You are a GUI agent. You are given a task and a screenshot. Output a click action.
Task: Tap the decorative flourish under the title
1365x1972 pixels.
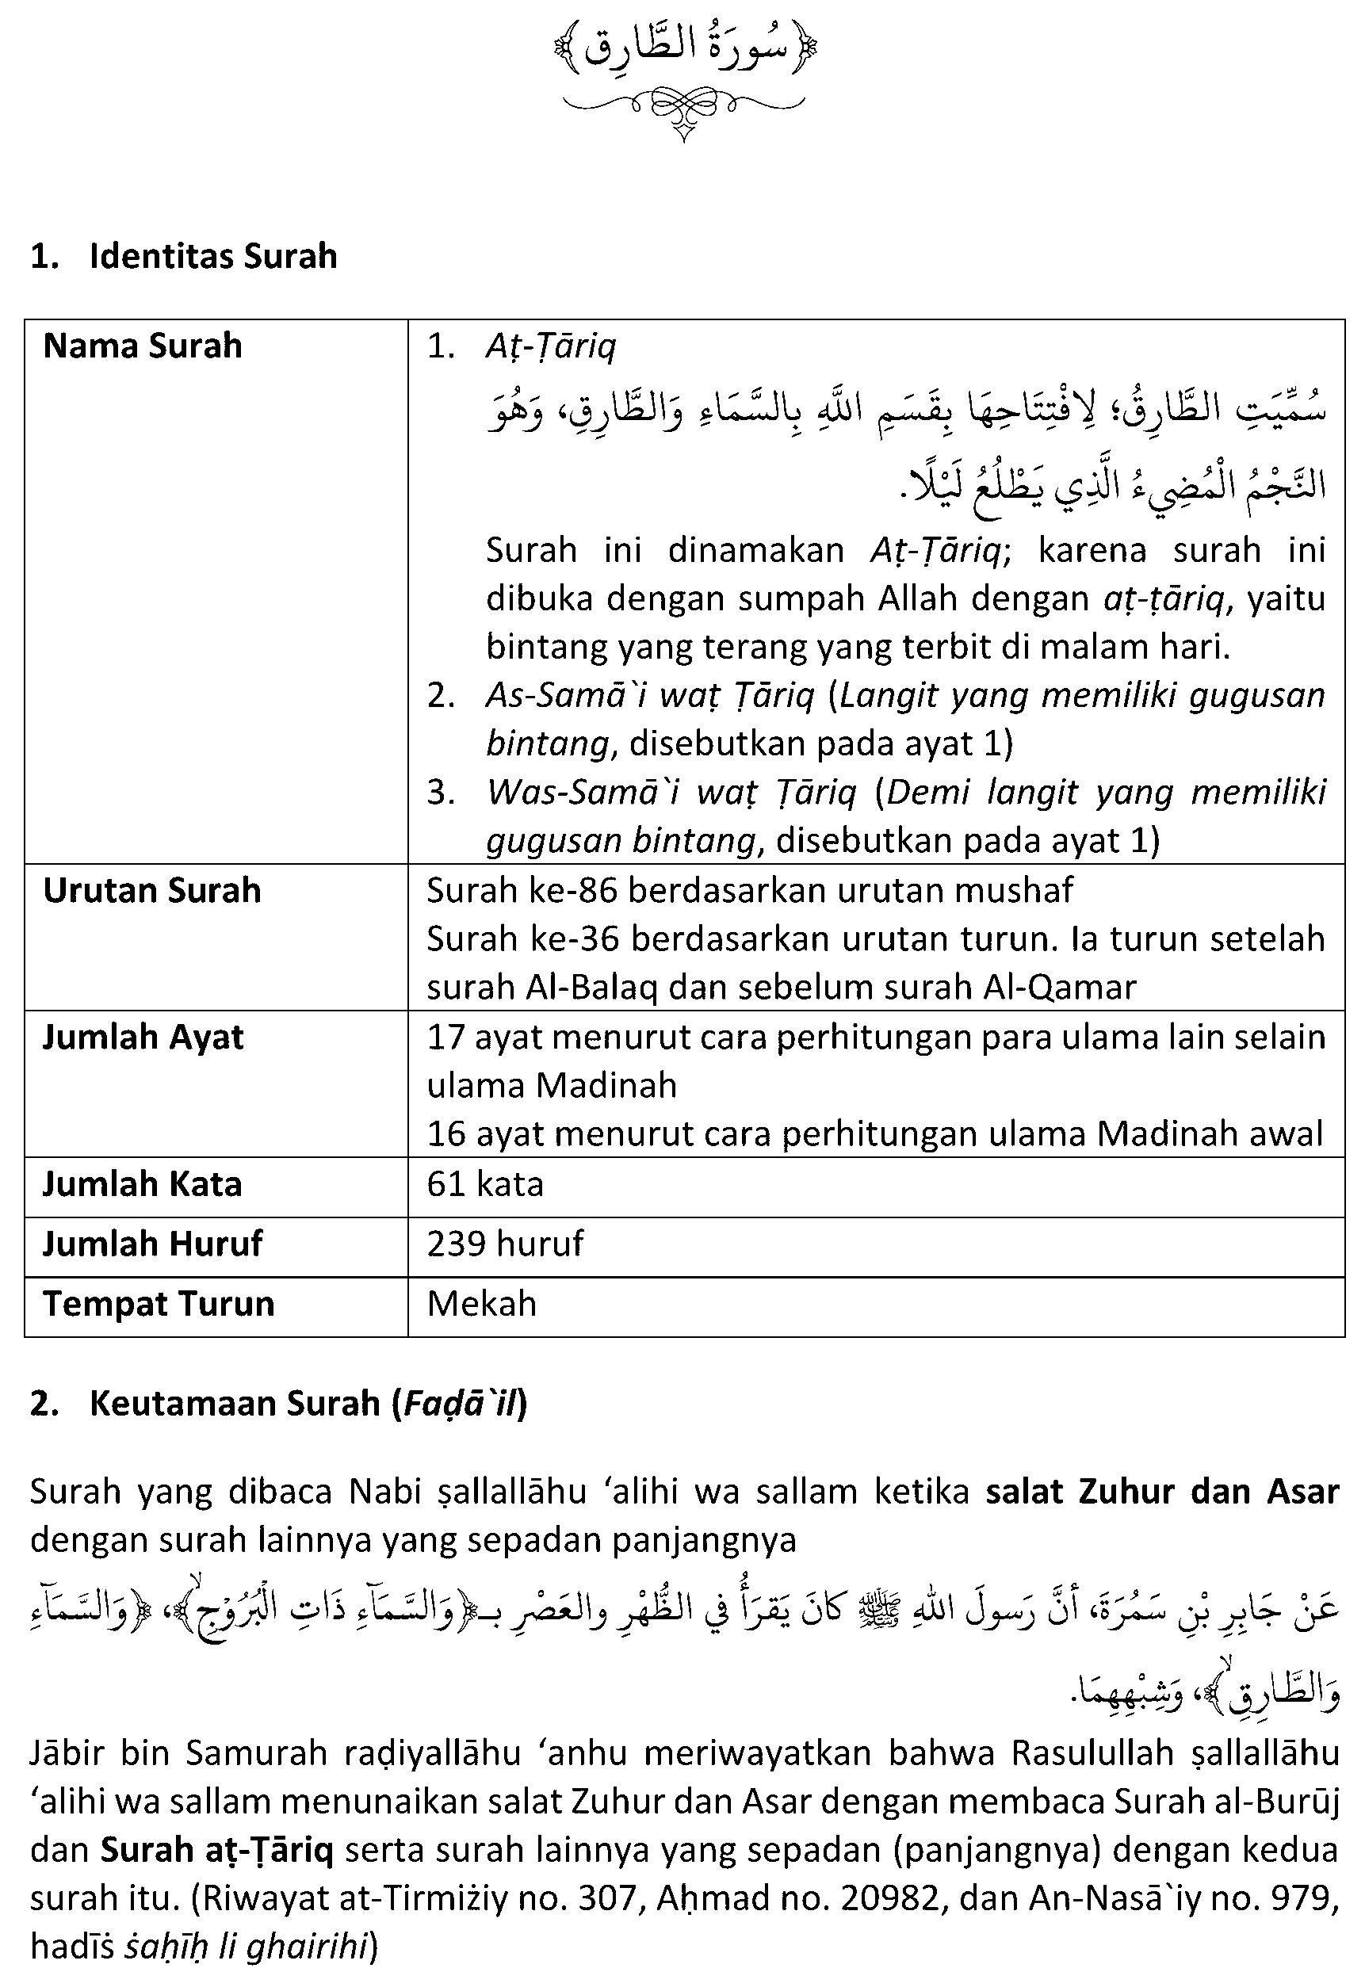pyautogui.click(x=683, y=108)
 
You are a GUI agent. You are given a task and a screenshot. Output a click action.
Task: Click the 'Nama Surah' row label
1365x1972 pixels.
pyautogui.click(x=143, y=346)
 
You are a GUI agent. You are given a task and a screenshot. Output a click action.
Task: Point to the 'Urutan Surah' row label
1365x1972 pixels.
pyautogui.click(x=151, y=891)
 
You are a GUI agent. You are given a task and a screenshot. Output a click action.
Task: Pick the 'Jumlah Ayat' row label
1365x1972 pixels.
pyautogui.click(x=143, y=1038)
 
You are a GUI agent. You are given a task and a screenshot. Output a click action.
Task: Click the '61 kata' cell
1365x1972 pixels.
pyautogui.click(x=485, y=1184)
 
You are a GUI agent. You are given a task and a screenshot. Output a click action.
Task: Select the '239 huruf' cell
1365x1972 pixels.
pyautogui.click(x=505, y=1244)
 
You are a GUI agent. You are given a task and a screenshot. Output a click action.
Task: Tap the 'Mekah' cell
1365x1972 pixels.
pyautogui.click(x=481, y=1304)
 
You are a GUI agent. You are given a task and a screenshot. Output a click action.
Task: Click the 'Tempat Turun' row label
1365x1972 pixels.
pyautogui.click(x=159, y=1304)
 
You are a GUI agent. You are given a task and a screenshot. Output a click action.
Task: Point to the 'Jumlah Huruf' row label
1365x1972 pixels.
pyautogui.click(x=152, y=1244)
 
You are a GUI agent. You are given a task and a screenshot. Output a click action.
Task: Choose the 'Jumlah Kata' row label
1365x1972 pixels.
pyautogui.click(x=142, y=1184)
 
